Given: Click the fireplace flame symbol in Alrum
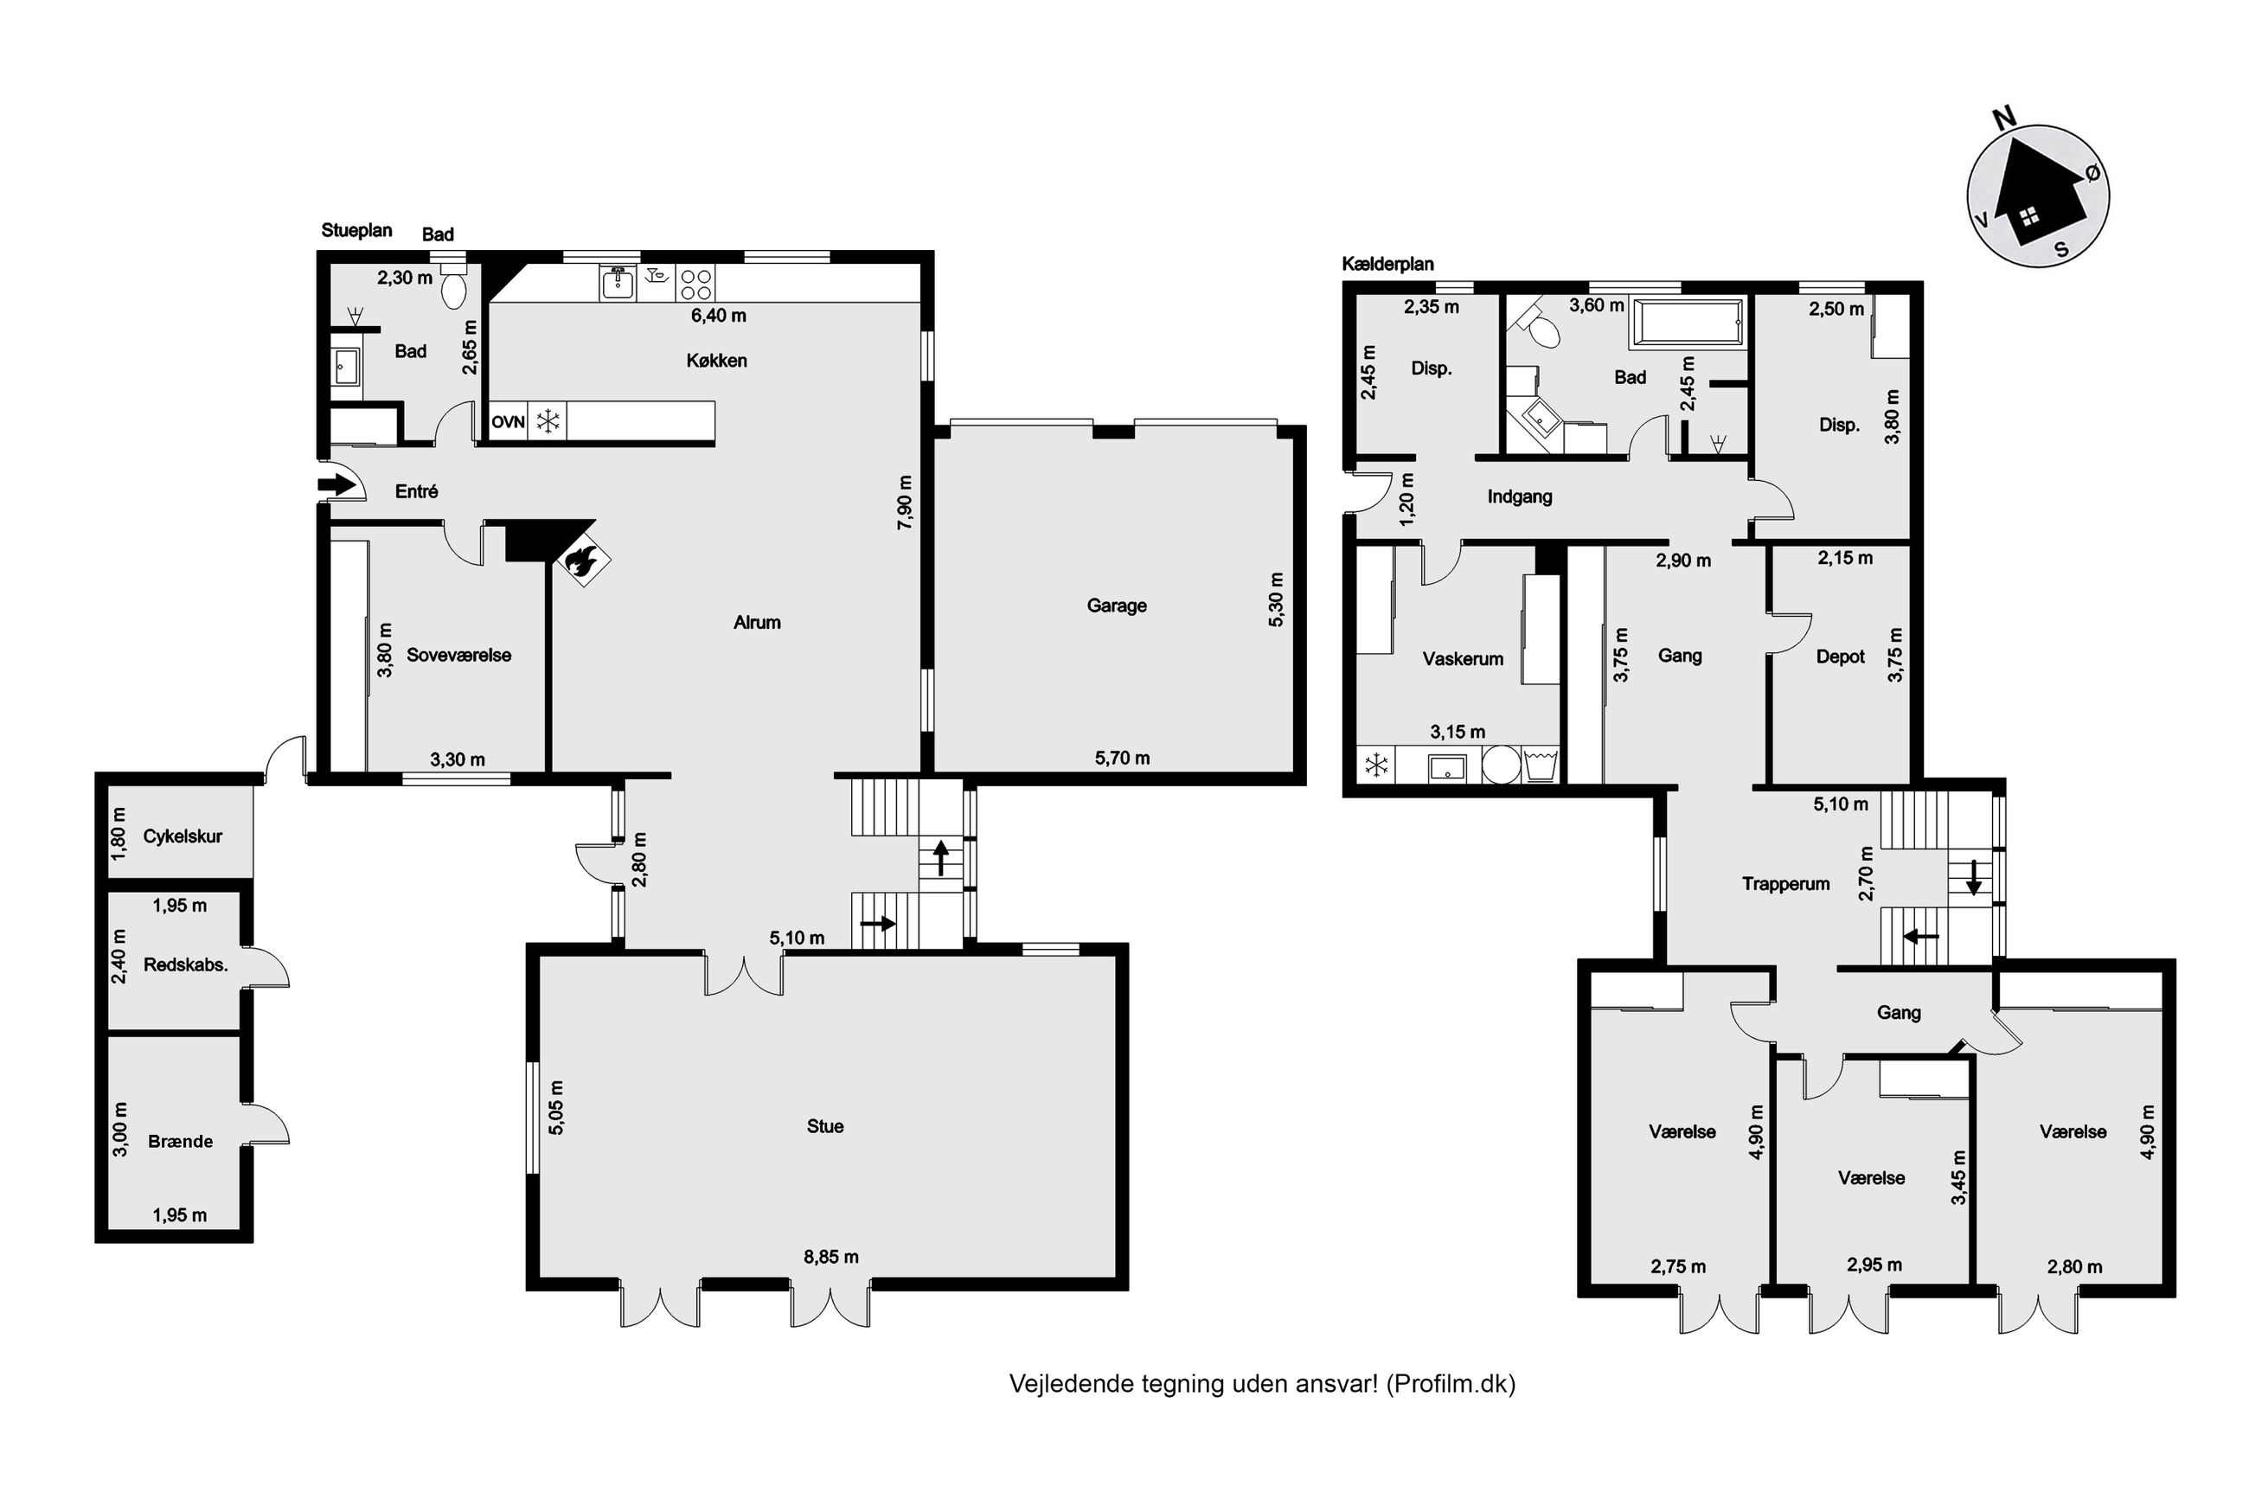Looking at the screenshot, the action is click(x=581, y=562).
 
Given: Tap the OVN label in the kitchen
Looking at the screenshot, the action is click(x=508, y=421).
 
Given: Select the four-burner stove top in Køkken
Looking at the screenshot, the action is click(x=695, y=283).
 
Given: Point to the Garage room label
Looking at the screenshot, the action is click(x=1116, y=605).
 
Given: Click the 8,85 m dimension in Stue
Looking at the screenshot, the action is click(x=830, y=1256).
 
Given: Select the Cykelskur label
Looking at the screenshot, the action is click(x=182, y=836).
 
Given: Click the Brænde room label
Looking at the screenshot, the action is click(x=180, y=1141).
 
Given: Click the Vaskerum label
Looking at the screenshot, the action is click(x=1463, y=659).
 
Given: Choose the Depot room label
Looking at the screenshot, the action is click(x=1840, y=657).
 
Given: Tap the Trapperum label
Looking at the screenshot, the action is click(x=1785, y=884).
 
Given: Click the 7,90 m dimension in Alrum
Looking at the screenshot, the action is click(x=904, y=502).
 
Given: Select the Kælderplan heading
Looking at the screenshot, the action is click(x=1387, y=264).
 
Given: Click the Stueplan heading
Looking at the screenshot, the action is click(x=356, y=230).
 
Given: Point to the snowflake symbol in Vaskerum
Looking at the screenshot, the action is click(x=1375, y=765).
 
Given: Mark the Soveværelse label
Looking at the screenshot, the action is click(x=458, y=655).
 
